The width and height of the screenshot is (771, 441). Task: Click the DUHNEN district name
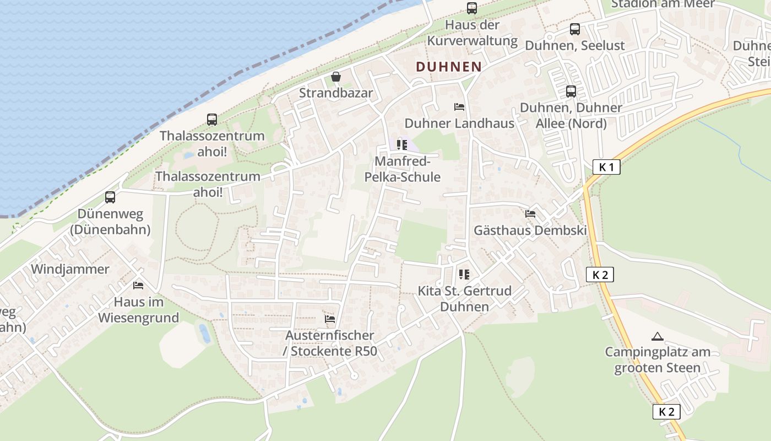(448, 67)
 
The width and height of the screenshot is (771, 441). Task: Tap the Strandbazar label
(336, 93)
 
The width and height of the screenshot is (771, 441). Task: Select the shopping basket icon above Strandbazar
(336, 77)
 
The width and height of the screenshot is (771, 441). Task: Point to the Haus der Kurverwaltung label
(473, 33)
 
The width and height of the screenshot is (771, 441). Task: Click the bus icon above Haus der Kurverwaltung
(472, 8)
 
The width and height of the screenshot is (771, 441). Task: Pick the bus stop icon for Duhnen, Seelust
(575, 29)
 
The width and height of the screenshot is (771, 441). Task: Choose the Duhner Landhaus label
(459, 123)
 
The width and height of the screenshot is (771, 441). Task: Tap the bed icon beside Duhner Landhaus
(459, 106)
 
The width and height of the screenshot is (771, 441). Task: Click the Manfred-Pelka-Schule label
(402, 169)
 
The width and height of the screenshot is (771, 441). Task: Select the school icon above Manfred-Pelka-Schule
(402, 145)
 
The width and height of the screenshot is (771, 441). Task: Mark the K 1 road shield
(606, 167)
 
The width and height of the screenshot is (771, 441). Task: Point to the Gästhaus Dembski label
(530, 230)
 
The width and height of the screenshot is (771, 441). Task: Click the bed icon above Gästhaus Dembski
(530, 214)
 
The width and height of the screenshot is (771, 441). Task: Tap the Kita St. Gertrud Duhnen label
(464, 298)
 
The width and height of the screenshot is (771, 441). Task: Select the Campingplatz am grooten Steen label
(657, 359)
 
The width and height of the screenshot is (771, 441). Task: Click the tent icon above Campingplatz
(657, 336)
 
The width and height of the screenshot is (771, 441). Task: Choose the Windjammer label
(70, 269)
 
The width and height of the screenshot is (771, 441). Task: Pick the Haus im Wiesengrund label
(138, 309)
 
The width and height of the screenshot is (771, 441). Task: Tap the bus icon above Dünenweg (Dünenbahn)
(110, 197)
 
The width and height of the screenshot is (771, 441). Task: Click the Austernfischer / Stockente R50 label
(330, 343)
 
